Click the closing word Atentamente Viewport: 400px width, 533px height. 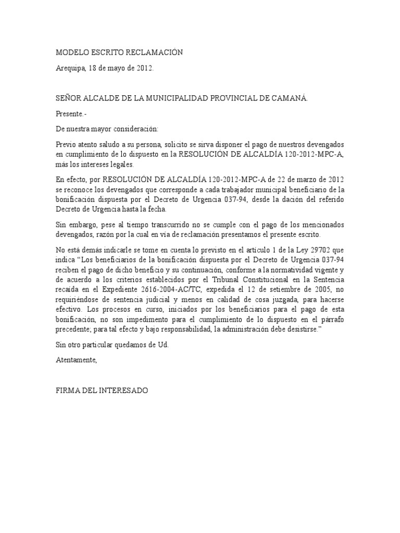(x=76, y=360)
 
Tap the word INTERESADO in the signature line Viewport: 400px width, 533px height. (x=123, y=390)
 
